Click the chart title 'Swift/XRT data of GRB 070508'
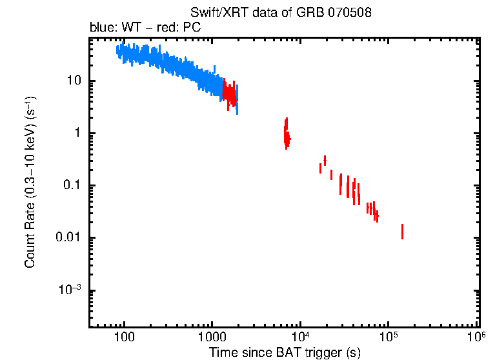point(281,13)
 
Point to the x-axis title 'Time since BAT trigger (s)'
point(284,352)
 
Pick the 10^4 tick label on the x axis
point(299,337)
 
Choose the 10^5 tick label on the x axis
point(388,337)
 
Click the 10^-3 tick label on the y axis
point(71,290)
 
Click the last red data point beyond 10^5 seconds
point(402,232)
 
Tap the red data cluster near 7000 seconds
point(287,134)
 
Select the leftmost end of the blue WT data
point(117,50)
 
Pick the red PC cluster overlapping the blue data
point(228,93)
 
